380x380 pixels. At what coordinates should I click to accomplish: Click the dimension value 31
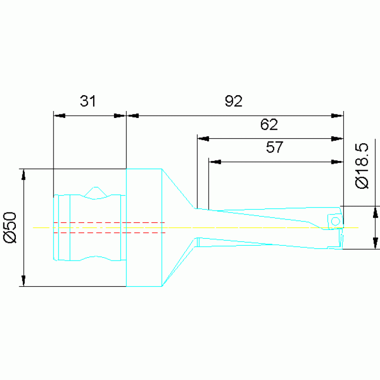tap(88, 102)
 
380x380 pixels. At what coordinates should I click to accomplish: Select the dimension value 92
tap(233, 102)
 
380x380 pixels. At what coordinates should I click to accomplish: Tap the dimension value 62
tap(269, 124)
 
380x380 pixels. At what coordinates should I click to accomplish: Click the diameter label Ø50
tap(10, 227)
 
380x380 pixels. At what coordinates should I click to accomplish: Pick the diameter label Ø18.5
tap(362, 166)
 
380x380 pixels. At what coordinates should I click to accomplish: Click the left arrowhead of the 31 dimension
tap(59, 116)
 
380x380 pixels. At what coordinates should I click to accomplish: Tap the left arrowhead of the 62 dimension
tap(203, 139)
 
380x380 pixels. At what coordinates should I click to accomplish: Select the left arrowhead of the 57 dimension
tap(215, 162)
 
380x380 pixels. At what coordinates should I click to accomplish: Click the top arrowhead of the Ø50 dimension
tap(23, 174)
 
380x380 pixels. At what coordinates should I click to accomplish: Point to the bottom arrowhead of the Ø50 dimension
tap(23, 281)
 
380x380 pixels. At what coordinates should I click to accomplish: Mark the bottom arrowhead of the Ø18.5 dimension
tap(376, 243)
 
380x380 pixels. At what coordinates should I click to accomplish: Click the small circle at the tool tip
tap(335, 220)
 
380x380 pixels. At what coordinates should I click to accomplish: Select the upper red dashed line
tap(109, 222)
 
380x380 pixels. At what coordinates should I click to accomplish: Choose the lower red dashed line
tap(109, 232)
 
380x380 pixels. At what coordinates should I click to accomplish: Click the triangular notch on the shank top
tap(96, 191)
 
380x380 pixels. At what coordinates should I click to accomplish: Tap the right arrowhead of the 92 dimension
tap(337, 116)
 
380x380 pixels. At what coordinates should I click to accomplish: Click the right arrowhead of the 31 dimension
tap(120, 116)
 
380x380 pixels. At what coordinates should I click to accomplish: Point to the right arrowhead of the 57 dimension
tap(337, 162)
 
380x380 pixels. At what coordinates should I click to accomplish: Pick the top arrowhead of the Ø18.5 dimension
tap(376, 212)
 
